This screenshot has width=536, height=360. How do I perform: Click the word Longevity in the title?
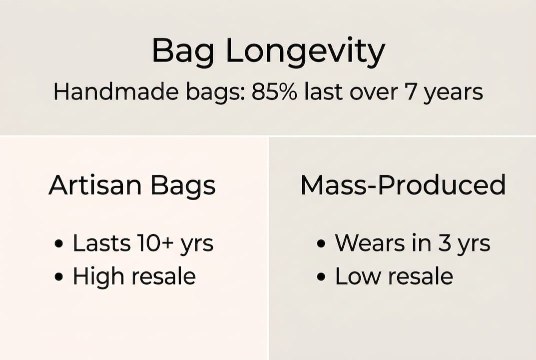306,51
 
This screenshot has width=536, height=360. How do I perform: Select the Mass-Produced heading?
403,185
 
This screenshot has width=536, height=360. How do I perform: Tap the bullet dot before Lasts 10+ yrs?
59,244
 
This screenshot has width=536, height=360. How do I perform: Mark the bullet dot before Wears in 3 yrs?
321,244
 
